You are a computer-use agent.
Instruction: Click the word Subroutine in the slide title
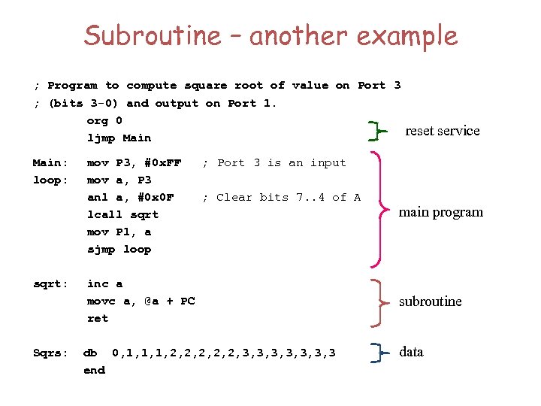(x=153, y=35)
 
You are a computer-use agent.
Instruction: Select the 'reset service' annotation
(x=442, y=131)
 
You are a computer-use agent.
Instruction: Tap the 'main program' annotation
(x=440, y=212)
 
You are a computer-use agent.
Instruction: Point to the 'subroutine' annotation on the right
(x=430, y=301)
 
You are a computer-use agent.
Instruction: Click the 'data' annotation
(x=411, y=352)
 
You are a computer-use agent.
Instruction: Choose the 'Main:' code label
(x=50, y=163)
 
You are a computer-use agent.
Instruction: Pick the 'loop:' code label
(x=50, y=180)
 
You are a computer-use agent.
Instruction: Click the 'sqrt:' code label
(x=50, y=283)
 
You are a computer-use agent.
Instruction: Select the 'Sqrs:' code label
(x=50, y=353)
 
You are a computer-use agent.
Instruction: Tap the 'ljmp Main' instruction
(x=119, y=138)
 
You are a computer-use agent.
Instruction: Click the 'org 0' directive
(x=104, y=121)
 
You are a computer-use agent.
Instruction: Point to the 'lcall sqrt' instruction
(x=122, y=215)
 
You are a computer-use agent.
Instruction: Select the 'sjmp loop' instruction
(x=119, y=250)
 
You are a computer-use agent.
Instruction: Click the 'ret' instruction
(x=98, y=319)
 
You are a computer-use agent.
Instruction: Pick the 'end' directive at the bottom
(x=94, y=370)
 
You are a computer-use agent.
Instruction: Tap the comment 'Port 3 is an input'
(x=275, y=163)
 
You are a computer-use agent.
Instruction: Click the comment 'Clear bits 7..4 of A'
(x=282, y=198)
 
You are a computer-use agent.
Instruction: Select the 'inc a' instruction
(x=104, y=283)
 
